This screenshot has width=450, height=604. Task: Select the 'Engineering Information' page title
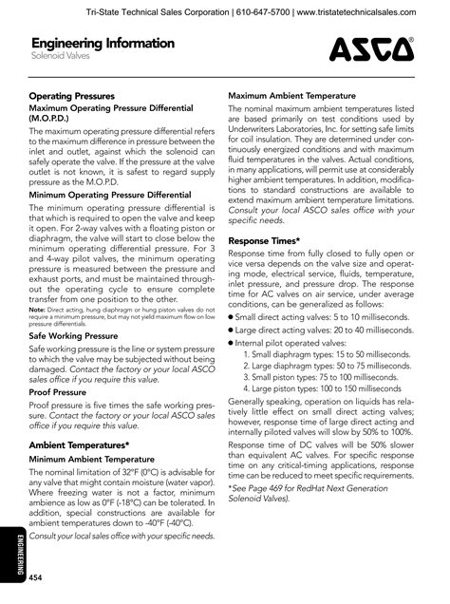[x=103, y=44]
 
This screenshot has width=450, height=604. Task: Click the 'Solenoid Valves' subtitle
[x=59, y=58]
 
